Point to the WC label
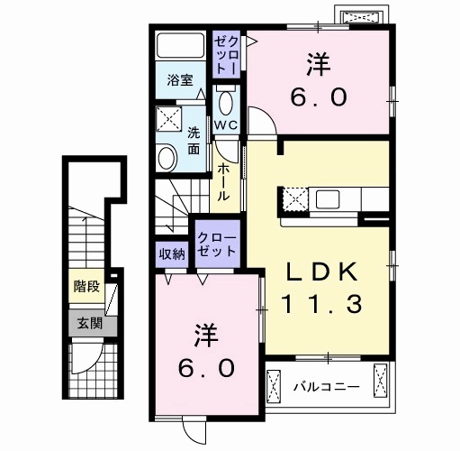click(x=225, y=126)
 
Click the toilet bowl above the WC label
click(x=225, y=101)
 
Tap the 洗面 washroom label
click(x=194, y=141)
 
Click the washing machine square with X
click(x=167, y=118)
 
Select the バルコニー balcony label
click(x=326, y=386)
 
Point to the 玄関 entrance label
click(x=87, y=323)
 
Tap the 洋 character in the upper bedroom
click(x=316, y=65)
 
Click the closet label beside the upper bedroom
click(x=226, y=53)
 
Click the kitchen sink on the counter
click(x=327, y=198)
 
